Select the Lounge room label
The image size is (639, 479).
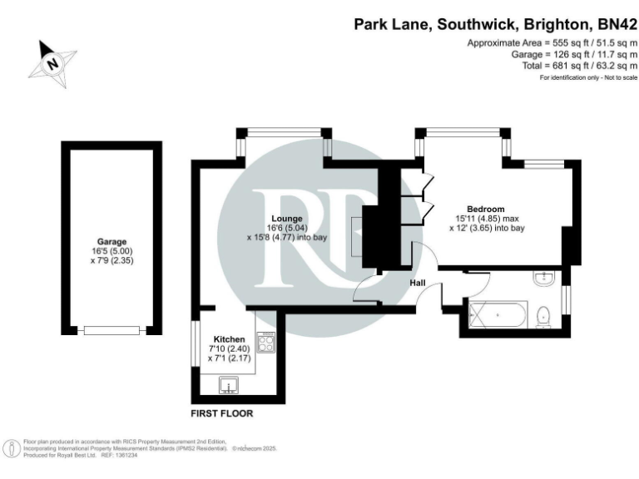283,218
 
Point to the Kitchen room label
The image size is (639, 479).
229,339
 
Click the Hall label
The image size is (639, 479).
418,284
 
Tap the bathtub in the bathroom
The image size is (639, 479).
498,316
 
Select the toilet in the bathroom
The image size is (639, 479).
542,315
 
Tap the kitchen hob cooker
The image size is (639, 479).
267,343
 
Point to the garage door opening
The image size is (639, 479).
111,330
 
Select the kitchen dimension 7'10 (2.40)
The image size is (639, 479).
230,349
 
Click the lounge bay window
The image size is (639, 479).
281,131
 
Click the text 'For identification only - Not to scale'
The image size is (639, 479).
588,77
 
